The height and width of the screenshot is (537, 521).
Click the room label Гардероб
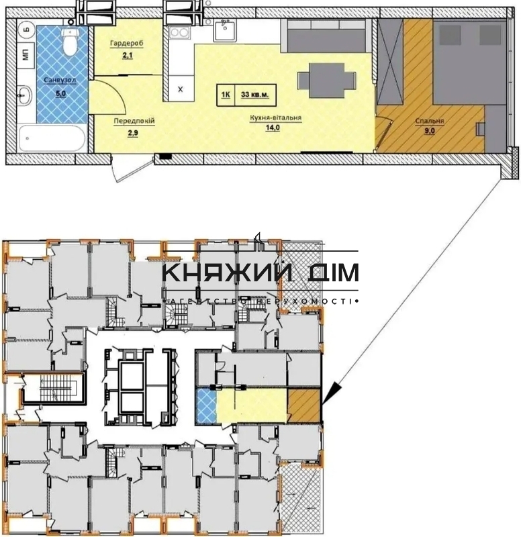[x=126, y=44]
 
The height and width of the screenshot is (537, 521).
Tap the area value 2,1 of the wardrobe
[x=127, y=55]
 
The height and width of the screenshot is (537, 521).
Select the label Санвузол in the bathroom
[x=60, y=80]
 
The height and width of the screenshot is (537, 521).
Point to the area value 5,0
[x=60, y=93]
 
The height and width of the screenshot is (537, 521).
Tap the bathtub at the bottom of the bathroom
[x=52, y=138]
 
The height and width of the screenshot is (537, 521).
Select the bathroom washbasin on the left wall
[x=26, y=95]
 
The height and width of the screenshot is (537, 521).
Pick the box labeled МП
[x=26, y=55]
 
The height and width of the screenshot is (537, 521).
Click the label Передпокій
[x=134, y=121]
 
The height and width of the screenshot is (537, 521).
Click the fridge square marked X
[x=181, y=89]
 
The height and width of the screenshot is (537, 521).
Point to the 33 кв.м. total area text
[x=255, y=95]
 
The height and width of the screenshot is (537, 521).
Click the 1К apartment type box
[x=226, y=95]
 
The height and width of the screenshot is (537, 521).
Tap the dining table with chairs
[x=326, y=81]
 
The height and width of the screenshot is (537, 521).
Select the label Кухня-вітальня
[x=275, y=118]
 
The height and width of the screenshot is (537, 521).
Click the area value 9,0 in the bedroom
[x=429, y=130]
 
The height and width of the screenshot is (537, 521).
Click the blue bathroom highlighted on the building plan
[x=206, y=405]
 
